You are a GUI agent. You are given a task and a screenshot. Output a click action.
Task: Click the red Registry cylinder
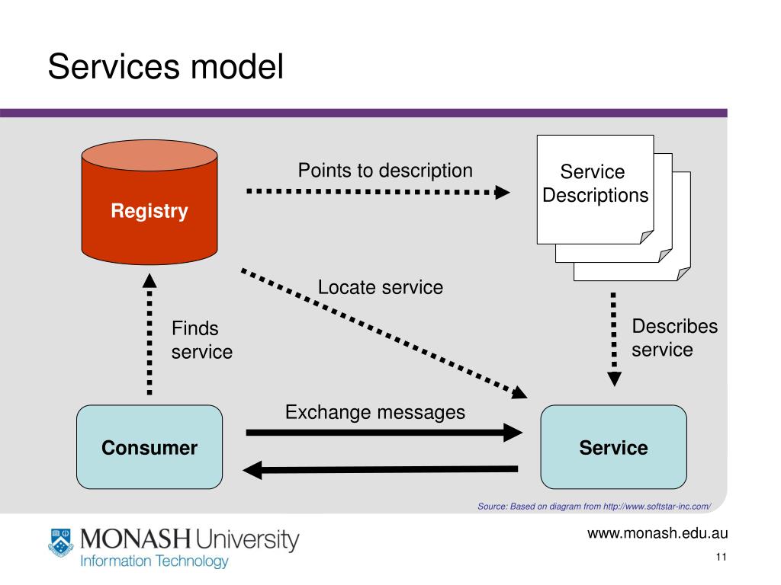tap(149, 202)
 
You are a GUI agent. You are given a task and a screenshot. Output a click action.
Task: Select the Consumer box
tap(149, 446)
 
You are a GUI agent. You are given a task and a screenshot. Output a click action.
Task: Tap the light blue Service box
tap(614, 446)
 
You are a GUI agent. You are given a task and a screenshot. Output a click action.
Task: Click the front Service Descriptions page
tap(595, 190)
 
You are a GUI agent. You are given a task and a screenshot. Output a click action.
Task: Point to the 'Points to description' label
tap(385, 171)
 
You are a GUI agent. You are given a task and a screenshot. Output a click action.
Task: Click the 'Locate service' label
tap(381, 287)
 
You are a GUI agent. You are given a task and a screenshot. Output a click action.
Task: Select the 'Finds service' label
tap(201, 340)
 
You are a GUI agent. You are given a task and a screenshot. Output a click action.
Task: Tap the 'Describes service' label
tap(674, 337)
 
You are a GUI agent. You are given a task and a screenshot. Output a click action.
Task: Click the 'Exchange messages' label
tap(375, 412)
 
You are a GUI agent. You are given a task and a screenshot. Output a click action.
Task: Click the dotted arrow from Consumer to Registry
tap(149, 334)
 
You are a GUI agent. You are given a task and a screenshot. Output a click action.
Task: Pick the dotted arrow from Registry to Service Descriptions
tap(378, 191)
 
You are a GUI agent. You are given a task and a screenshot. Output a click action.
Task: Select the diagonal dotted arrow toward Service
tap(384, 334)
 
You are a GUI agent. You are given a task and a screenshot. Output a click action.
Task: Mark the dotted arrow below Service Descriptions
tap(614, 339)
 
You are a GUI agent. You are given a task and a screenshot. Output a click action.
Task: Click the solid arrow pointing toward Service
tap(384, 433)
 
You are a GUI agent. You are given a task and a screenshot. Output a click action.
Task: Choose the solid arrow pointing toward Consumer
tap(380, 469)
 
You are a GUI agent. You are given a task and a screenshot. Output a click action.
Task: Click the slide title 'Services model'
tap(166, 67)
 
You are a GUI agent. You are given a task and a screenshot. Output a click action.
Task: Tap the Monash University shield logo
tap(61, 542)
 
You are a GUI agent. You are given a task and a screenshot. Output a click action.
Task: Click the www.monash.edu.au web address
tap(657, 533)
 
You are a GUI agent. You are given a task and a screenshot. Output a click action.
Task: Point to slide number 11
tap(722, 557)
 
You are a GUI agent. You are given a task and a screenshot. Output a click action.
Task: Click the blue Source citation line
tap(594, 507)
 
